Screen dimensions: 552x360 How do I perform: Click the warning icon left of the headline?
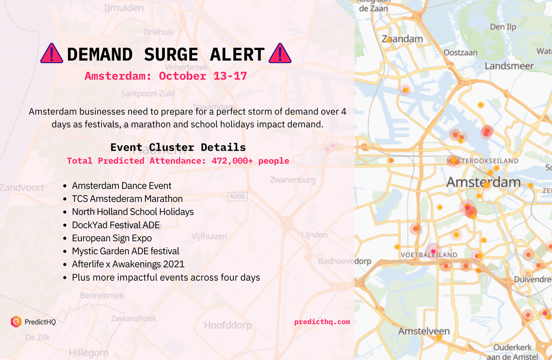click(x=52, y=54)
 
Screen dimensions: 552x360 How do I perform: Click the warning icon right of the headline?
click(x=280, y=54)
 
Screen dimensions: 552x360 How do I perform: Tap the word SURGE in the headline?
click(x=171, y=54)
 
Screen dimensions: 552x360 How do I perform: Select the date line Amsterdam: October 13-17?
click(x=166, y=76)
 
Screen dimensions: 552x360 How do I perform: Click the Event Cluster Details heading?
click(x=178, y=147)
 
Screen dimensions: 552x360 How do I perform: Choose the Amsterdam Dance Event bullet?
click(x=122, y=185)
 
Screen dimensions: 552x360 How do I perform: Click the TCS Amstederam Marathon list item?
click(x=127, y=199)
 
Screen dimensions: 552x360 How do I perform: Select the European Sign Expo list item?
click(x=112, y=238)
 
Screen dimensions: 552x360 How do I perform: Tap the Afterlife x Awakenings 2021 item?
click(x=128, y=264)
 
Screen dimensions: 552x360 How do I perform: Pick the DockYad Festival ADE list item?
click(x=115, y=225)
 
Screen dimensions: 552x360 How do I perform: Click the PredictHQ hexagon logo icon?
click(x=16, y=322)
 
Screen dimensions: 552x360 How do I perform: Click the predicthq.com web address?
click(x=322, y=322)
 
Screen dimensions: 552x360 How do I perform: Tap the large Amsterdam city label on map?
click(x=483, y=182)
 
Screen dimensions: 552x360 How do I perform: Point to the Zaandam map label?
click(x=402, y=39)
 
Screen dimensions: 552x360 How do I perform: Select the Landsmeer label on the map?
click(x=509, y=66)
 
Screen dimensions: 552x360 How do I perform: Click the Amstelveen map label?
click(x=424, y=331)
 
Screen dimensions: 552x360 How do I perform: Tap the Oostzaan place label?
click(x=460, y=53)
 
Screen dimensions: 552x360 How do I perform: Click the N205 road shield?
click(x=237, y=197)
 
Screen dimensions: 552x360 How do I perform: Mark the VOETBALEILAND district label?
click(x=429, y=255)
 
